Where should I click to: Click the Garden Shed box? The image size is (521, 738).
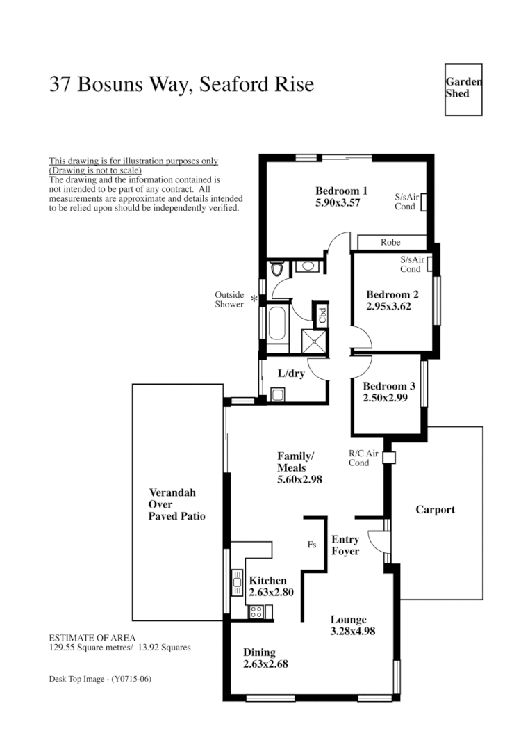tap(463, 90)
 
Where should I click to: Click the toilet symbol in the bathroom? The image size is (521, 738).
tap(276, 269)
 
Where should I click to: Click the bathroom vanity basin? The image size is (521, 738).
tap(307, 266)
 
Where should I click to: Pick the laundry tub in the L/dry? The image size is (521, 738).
tap(277, 394)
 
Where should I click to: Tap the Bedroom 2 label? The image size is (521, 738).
tap(392, 294)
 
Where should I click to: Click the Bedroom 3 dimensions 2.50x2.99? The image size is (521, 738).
tap(385, 399)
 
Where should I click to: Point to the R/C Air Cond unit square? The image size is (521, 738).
tap(388, 458)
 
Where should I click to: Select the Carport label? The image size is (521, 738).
tap(435, 510)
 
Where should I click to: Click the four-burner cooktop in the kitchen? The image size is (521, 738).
tap(256, 612)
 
